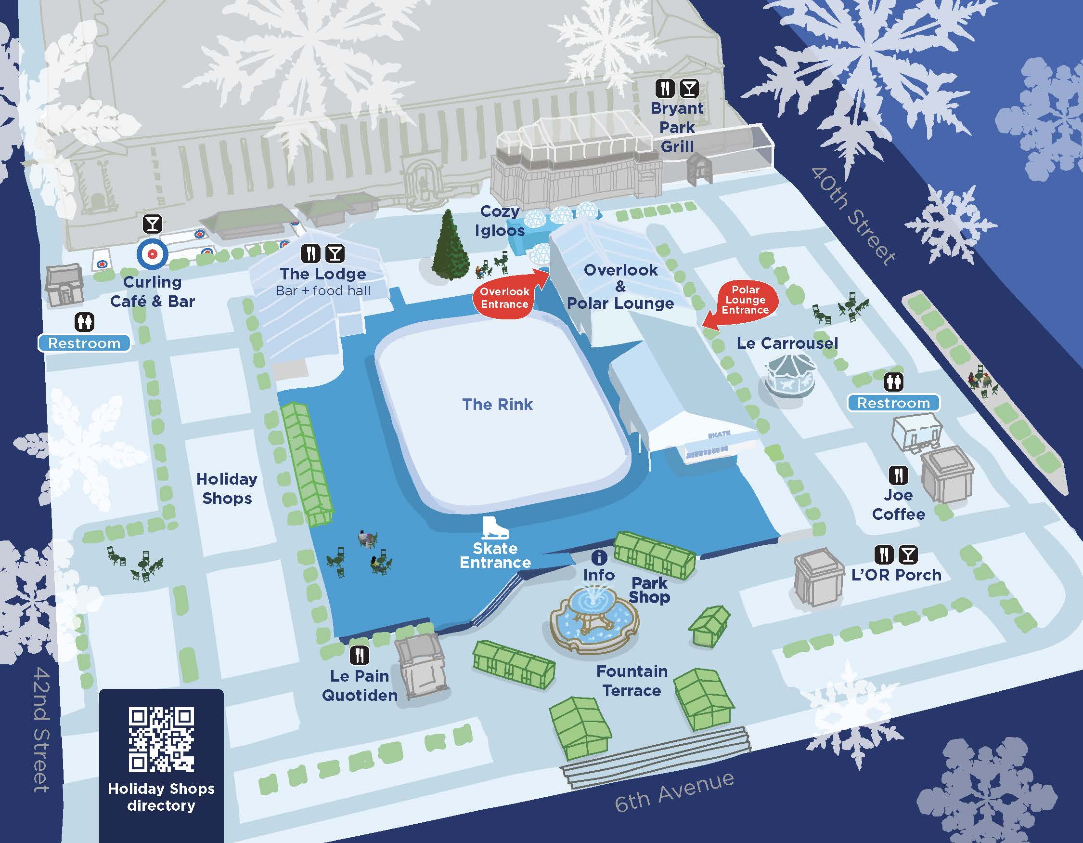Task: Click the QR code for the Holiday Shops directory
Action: pos(161,739)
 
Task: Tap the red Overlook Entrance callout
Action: pos(504,298)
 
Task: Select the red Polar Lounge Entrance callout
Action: pos(745,300)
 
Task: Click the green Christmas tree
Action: pos(450,247)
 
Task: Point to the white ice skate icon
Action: pos(495,529)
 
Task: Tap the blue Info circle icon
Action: pos(599,557)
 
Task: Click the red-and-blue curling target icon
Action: pos(153,254)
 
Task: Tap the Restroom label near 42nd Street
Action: pos(84,343)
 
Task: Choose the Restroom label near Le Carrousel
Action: pos(893,403)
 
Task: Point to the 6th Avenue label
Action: pos(674,792)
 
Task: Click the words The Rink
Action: pos(497,404)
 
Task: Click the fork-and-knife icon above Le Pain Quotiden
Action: pos(360,656)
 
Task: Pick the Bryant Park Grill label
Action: pos(677,127)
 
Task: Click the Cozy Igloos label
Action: pos(500,221)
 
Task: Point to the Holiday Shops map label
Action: pos(227,488)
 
